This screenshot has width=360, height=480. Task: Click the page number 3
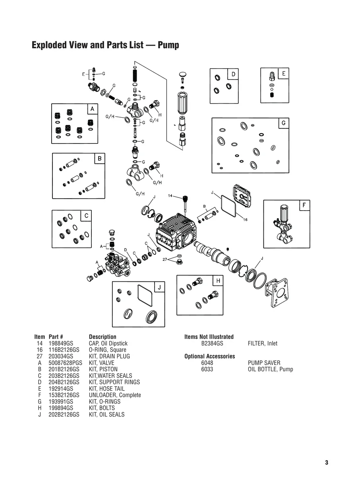[326, 463]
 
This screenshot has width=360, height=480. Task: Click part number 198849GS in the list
[61, 343]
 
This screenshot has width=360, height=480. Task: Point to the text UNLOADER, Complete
[115, 395]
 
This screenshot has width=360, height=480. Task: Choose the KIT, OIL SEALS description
[106, 414]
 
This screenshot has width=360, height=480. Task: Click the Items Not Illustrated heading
[209, 337]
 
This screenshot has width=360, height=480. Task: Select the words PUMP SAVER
[264, 363]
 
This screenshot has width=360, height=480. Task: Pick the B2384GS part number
[212, 343]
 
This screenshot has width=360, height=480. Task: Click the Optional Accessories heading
[210, 356]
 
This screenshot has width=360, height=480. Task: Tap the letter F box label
[304, 205]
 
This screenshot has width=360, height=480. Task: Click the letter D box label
[233, 74]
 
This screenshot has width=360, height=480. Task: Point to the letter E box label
[284, 74]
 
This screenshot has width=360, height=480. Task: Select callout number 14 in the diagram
[170, 196]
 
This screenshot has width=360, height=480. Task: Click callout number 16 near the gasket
[245, 219]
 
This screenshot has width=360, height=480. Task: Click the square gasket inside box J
[143, 295]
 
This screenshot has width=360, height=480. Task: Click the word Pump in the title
[168, 45]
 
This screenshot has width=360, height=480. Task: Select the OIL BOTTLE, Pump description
[270, 369]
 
